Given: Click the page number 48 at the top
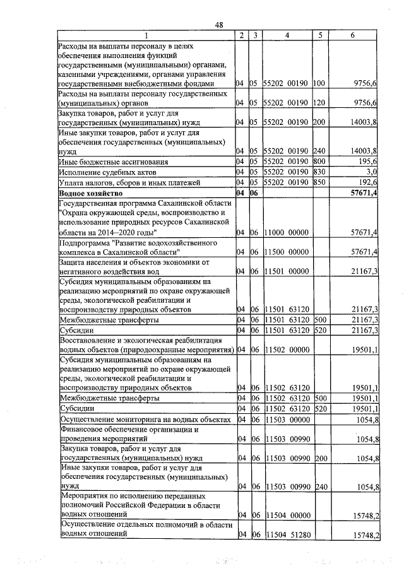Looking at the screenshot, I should (218, 25).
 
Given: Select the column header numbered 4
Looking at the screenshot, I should (287, 36).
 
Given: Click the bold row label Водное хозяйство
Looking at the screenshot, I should (96, 193).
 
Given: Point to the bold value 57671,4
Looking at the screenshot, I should (364, 193).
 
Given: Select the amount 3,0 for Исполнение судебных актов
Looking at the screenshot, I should (371, 172).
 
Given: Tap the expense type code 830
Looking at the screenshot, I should (319, 172).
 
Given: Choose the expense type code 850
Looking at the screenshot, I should (319, 182).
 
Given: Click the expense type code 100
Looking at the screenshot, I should (319, 83).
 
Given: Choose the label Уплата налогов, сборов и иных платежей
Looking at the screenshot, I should (129, 182).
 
